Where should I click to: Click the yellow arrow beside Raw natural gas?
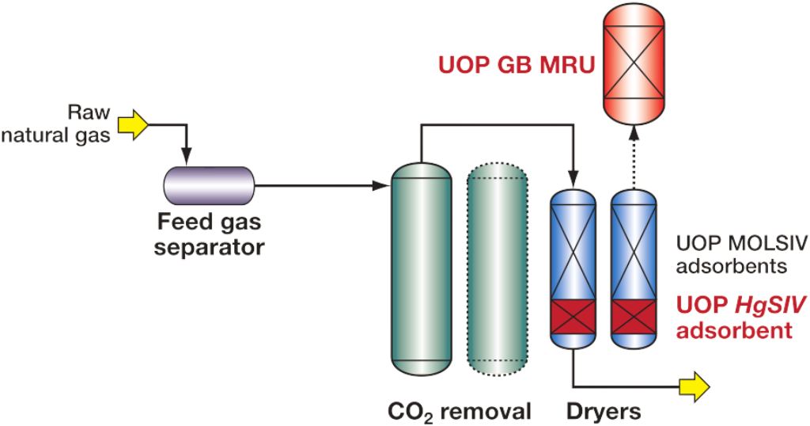(x=132, y=125)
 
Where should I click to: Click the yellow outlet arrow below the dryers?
(x=694, y=386)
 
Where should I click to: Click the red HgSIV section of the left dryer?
(x=573, y=320)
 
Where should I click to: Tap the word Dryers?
(x=603, y=412)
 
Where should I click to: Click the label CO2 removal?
(x=459, y=412)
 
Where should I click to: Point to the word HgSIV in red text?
(x=751, y=304)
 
